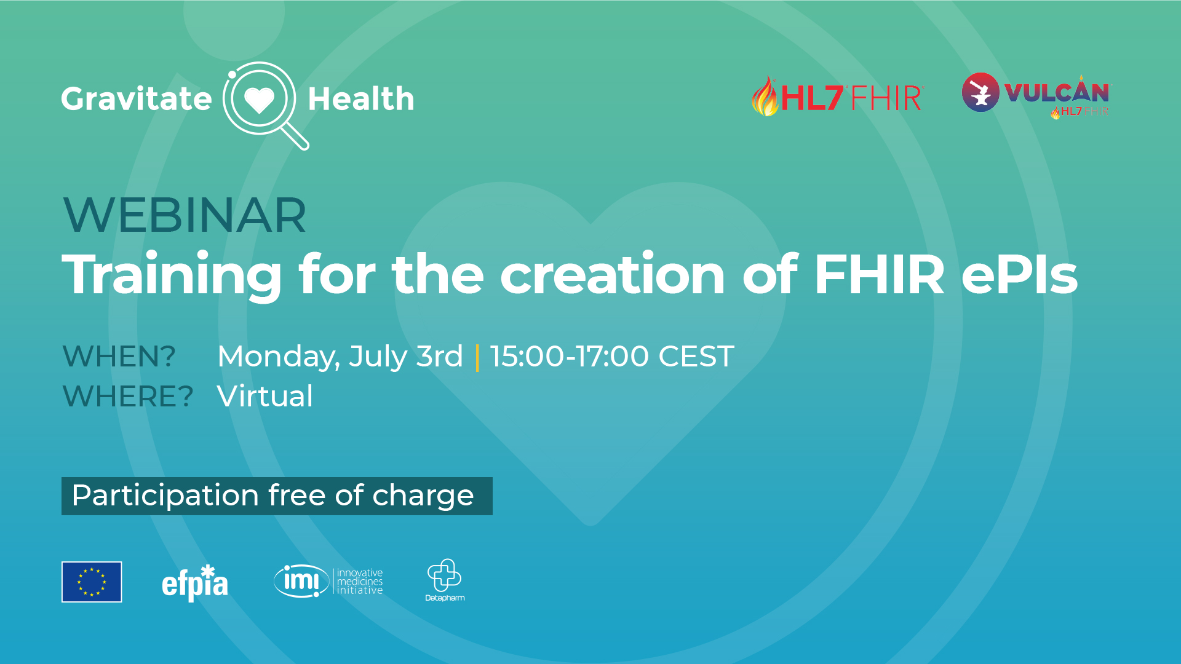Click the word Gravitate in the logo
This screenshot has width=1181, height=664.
[x=137, y=100]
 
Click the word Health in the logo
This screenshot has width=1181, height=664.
[x=361, y=98]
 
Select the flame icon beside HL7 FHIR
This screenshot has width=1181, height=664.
[x=765, y=96]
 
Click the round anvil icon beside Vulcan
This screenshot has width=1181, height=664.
[x=980, y=92]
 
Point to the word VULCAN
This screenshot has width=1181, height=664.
[x=1057, y=92]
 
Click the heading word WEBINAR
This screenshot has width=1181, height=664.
[x=185, y=215]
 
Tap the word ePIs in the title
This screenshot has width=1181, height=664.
[x=1019, y=274]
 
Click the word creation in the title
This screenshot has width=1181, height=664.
[x=613, y=274]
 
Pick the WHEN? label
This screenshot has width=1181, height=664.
[x=119, y=357]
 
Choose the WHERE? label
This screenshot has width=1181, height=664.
[x=128, y=397]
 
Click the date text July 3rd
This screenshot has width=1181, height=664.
[x=406, y=357]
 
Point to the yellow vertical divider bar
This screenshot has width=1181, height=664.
[x=477, y=357]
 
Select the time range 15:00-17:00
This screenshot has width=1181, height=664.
[x=570, y=357]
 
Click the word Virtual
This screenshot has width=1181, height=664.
[x=265, y=397]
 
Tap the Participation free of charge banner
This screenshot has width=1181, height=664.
[x=277, y=496]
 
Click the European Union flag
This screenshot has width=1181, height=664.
[x=92, y=582]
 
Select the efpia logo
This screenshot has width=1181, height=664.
[x=195, y=583]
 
